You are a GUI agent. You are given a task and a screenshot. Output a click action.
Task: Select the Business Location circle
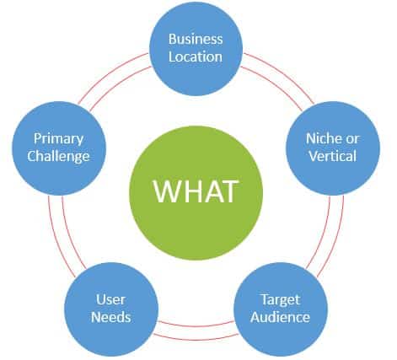click(x=195, y=49)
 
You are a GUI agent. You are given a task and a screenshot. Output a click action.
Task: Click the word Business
click(x=195, y=40)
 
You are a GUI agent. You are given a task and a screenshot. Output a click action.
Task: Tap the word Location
click(x=195, y=57)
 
